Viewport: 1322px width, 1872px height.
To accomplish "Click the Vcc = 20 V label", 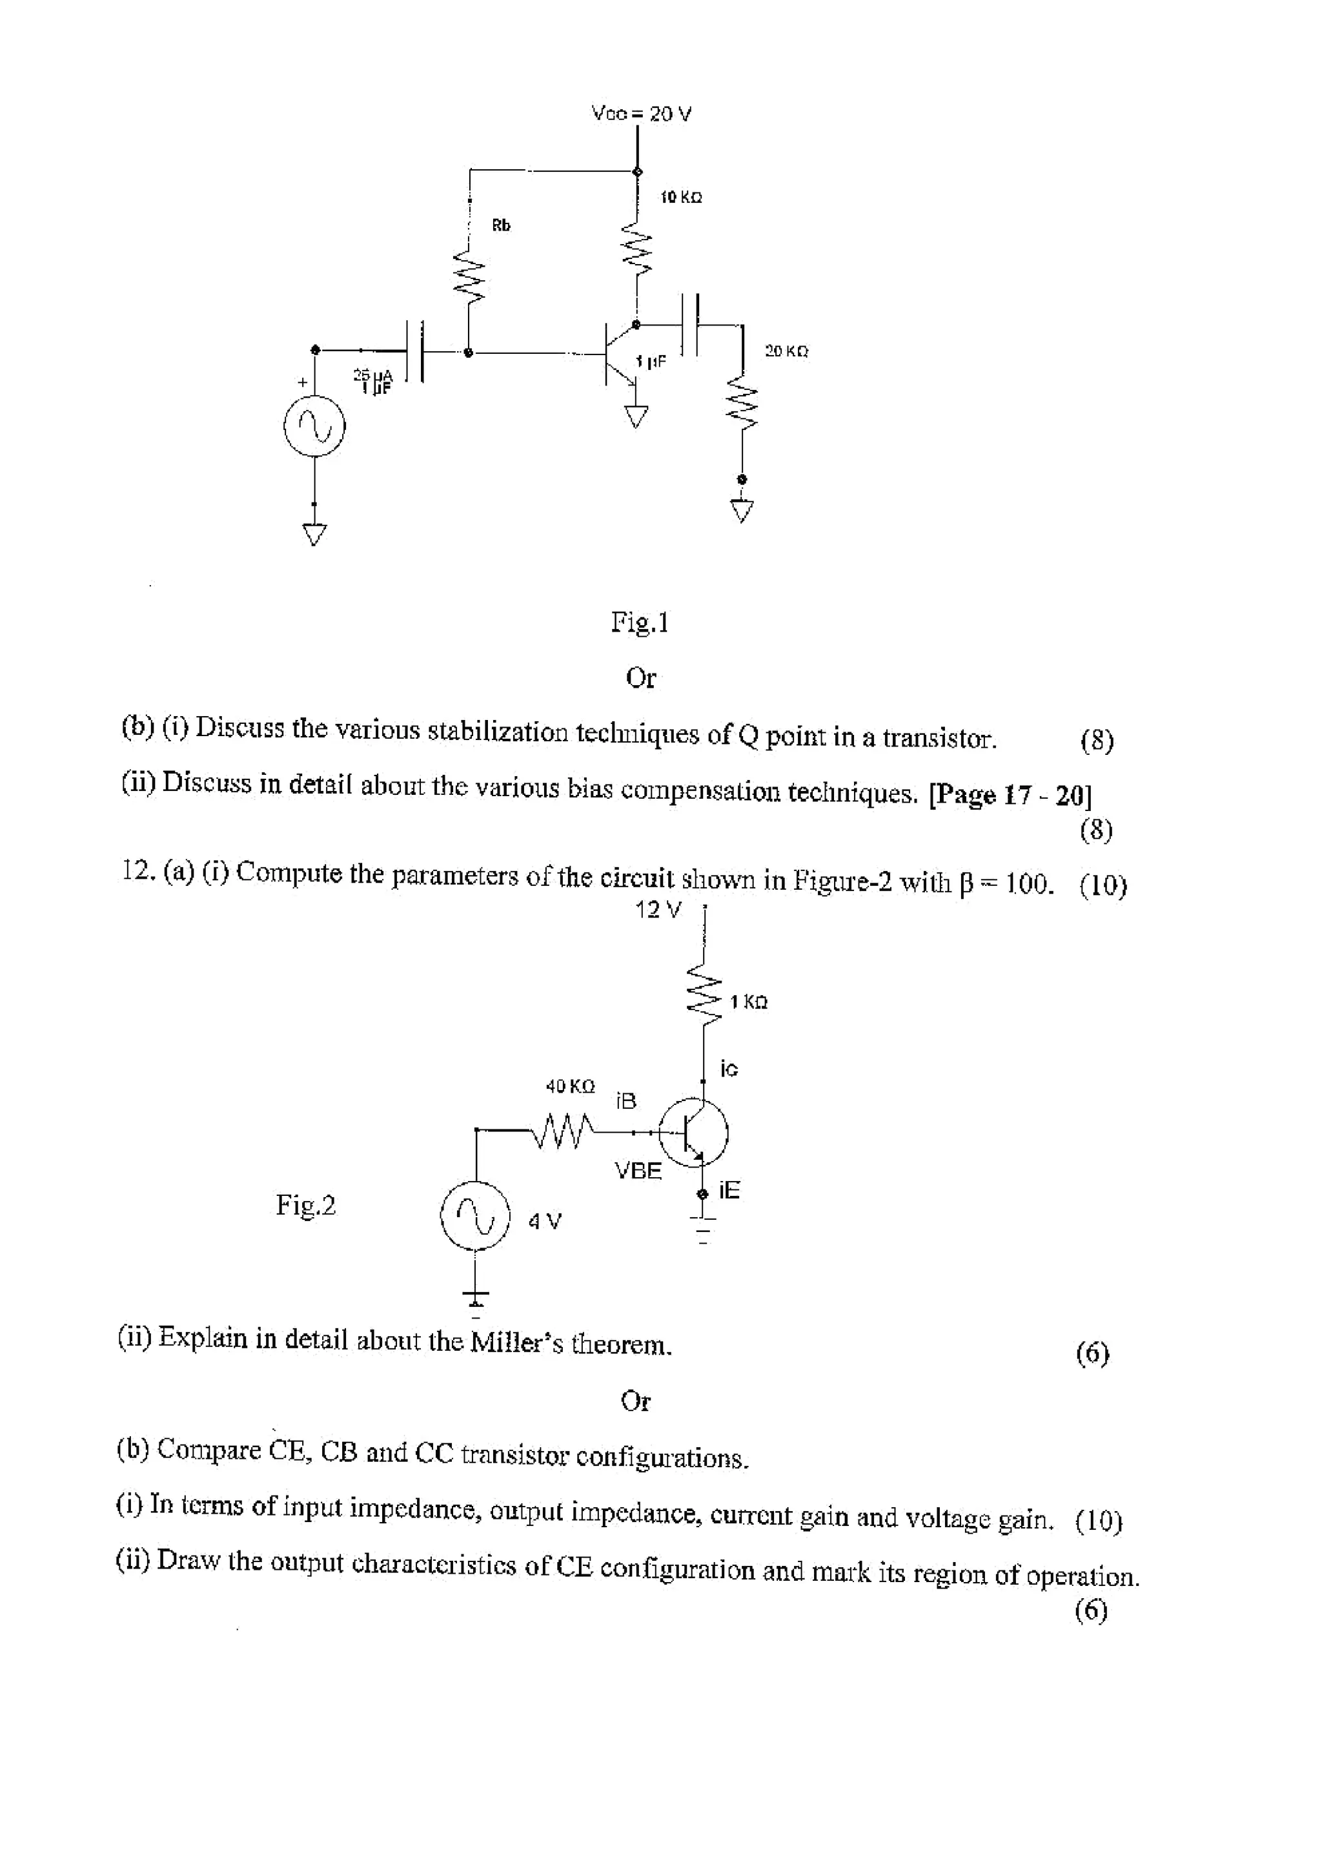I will [642, 114].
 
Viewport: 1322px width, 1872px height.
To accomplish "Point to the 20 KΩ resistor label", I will [786, 351].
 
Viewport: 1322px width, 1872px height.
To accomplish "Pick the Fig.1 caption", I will [640, 623].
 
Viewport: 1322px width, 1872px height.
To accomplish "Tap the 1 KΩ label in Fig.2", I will [748, 1002].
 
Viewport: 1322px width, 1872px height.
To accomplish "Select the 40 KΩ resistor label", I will [570, 1086].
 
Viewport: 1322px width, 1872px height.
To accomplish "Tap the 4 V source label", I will [544, 1221].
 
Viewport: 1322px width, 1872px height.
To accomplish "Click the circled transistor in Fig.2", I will [693, 1132].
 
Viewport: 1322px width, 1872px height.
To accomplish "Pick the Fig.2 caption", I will [305, 1204].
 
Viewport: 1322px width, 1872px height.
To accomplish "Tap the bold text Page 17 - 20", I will [1011, 794].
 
